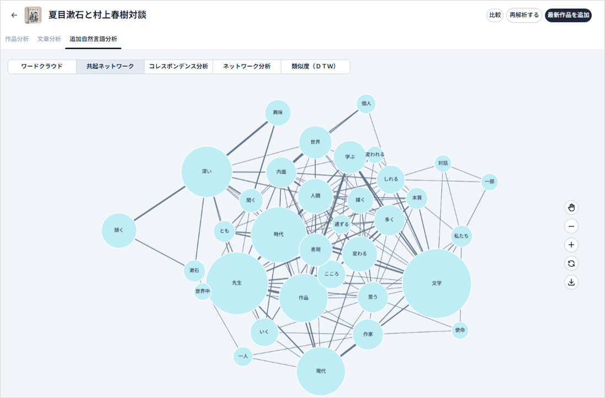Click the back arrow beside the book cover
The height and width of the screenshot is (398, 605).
pyautogui.click(x=14, y=15)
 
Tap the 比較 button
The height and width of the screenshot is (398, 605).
pyautogui.click(x=495, y=15)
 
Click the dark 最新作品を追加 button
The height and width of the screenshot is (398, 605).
pyautogui.click(x=568, y=15)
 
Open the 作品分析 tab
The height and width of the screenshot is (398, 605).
pyautogui.click(x=17, y=39)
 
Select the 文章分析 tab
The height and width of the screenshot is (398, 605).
pyautogui.click(x=49, y=39)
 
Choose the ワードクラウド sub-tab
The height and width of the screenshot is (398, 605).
pyautogui.click(x=42, y=66)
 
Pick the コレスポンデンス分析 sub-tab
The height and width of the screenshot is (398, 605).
pyautogui.click(x=178, y=66)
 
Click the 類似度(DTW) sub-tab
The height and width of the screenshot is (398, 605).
pyautogui.click(x=315, y=66)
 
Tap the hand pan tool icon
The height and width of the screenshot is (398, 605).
pyautogui.click(x=571, y=208)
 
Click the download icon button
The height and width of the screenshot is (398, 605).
pyautogui.click(x=571, y=282)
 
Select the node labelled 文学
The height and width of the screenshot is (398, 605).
pyautogui.click(x=437, y=283)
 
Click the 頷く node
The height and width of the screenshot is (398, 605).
pyautogui.click(x=119, y=230)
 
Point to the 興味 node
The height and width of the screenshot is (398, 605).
pyautogui.click(x=278, y=112)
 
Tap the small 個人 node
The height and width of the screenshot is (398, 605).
pyautogui.click(x=366, y=104)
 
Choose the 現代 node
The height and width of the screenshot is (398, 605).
pyautogui.click(x=321, y=371)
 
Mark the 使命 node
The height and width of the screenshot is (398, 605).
pyautogui.click(x=460, y=330)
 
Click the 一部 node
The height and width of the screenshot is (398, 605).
pyautogui.click(x=489, y=181)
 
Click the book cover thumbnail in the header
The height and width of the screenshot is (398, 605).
pyautogui.click(x=33, y=15)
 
